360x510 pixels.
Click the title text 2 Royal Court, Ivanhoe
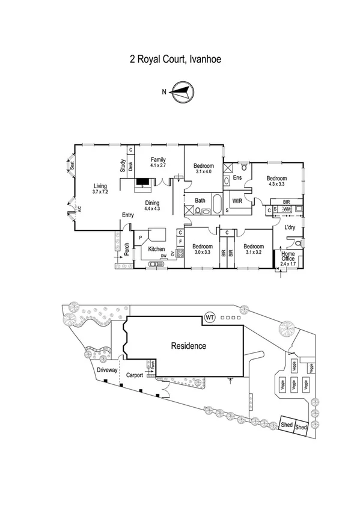179,60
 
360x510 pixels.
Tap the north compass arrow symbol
180,92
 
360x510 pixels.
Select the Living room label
100,188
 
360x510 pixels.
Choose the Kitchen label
156,249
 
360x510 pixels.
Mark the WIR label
237,202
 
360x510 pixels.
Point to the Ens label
237,179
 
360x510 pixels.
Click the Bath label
200,201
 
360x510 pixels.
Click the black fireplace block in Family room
142,181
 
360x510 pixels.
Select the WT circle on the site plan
210,317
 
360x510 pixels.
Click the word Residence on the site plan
188,346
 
